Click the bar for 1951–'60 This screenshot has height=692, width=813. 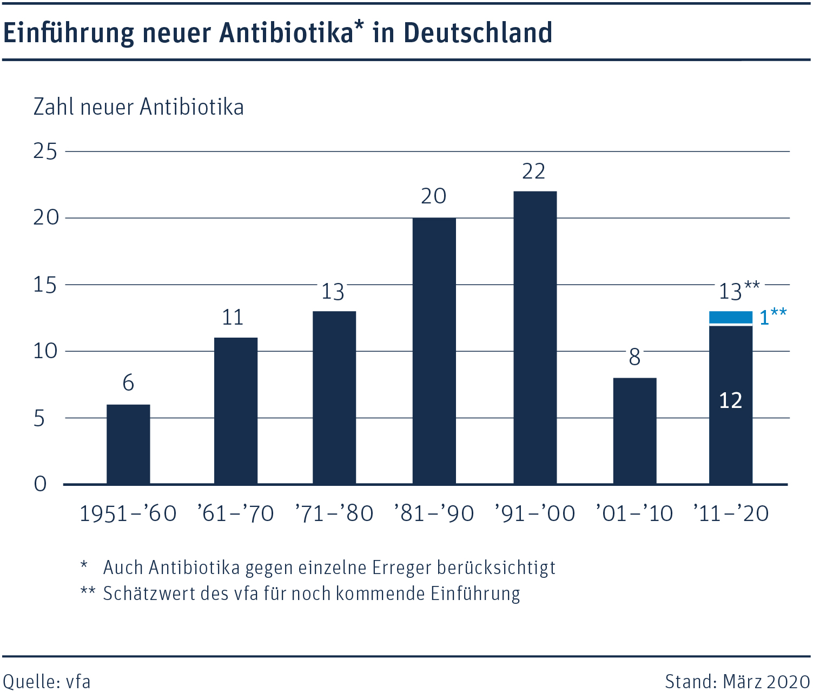128,444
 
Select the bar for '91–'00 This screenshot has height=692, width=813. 535,338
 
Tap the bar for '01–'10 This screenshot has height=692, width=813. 634,431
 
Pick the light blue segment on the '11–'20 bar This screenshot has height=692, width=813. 730,318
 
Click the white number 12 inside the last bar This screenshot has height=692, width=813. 730,401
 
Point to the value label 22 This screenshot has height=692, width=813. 533,172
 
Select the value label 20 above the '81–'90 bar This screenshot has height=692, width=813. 433,196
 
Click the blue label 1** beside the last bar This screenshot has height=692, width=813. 772,317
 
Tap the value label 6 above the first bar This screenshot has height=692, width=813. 128,383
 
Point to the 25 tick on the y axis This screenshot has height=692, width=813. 45,151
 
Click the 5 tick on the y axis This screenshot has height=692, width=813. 39,418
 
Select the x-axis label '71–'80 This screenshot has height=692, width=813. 334,513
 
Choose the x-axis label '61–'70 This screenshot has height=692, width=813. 235,513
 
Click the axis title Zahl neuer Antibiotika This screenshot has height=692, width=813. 138,107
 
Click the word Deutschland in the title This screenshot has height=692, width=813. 478,32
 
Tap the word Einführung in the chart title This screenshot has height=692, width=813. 69,32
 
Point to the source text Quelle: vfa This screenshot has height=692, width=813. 47,681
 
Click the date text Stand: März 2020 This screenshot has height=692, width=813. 737,681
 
